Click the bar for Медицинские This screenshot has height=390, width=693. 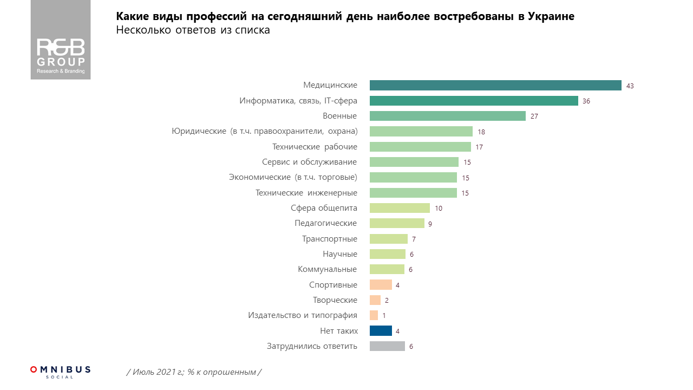(x=495, y=86)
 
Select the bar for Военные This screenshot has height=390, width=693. (x=447, y=116)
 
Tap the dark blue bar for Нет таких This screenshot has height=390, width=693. (x=381, y=331)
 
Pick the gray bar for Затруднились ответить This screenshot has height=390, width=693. (x=387, y=346)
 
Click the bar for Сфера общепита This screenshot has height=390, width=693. (x=400, y=208)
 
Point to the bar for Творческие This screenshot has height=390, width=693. (x=375, y=300)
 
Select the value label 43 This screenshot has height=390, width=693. (x=630, y=86)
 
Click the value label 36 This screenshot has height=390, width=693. (x=587, y=101)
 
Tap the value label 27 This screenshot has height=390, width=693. (x=534, y=116)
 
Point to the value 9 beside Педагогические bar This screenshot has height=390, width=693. (x=430, y=224)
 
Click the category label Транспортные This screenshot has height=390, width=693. (x=330, y=239)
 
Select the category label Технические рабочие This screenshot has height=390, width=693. (x=314, y=147)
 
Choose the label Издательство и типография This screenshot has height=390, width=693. (x=302, y=315)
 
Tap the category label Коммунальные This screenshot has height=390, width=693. (x=327, y=269)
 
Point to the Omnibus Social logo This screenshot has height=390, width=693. (x=60, y=371)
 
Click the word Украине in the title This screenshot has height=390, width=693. (x=551, y=16)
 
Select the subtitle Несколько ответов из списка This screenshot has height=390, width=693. (x=193, y=30)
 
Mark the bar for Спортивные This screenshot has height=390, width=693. (x=381, y=285)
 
